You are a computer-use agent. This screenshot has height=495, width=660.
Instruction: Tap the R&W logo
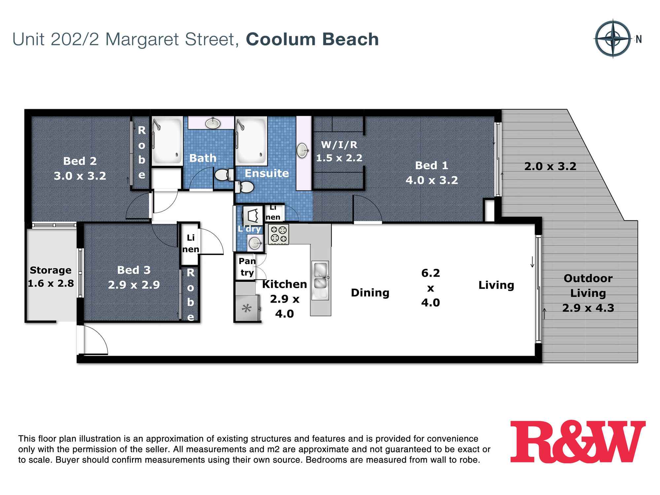[x=577, y=442]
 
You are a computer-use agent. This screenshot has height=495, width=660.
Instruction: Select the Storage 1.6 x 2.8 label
[x=50, y=277]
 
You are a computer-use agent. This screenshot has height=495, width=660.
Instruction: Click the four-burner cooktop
[x=279, y=234]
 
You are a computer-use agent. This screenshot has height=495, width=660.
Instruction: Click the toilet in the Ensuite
[x=244, y=187]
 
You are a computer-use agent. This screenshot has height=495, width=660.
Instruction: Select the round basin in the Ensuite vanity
[x=303, y=151]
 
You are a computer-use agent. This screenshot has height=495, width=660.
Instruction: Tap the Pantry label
[x=247, y=267]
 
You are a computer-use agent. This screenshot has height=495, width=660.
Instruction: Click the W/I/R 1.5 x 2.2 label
[x=339, y=151]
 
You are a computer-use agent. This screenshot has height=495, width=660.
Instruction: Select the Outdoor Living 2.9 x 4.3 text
[x=588, y=293]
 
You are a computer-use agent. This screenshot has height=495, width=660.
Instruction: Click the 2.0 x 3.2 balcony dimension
[x=550, y=166]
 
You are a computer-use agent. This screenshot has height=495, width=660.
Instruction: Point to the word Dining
[x=370, y=293]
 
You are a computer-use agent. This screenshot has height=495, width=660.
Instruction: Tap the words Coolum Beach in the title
[x=312, y=39]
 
